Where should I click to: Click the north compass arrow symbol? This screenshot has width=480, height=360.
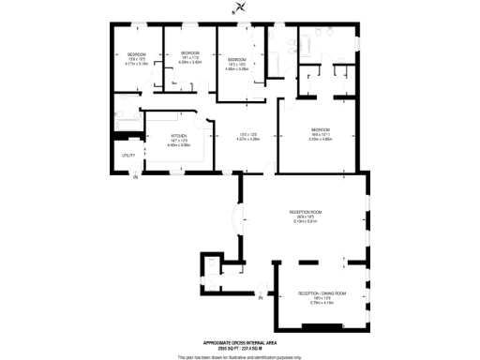pos(241,8)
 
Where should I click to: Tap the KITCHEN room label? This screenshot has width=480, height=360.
pos(179,136)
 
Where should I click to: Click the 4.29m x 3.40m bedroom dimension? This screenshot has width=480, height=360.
pos(189,63)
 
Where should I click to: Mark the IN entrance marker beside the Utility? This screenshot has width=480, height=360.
pos(134,177)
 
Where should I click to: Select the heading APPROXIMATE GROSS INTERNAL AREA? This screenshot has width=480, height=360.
pos(241,342)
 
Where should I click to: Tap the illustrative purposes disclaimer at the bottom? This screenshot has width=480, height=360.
pos(241,355)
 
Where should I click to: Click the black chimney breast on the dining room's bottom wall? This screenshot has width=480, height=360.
pos(322,324)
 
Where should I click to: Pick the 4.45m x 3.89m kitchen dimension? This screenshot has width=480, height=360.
pos(179,145)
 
